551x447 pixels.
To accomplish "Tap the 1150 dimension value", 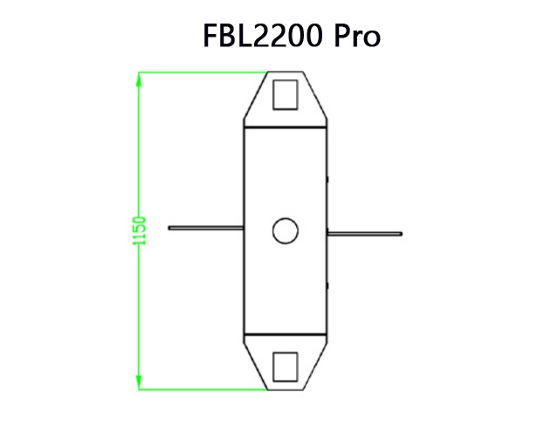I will tap(140, 230).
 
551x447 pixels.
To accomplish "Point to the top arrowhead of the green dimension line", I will tap(138, 79).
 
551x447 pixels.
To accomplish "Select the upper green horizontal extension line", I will tap(201, 72).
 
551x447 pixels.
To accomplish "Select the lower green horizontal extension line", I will tap(201, 389).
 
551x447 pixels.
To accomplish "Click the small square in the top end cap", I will tap(285, 94).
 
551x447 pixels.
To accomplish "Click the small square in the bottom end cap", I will tap(285, 367).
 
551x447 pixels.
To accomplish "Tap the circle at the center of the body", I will tap(285, 230).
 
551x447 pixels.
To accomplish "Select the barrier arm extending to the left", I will tap(206, 229).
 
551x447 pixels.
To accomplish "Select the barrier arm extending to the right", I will tap(364, 233).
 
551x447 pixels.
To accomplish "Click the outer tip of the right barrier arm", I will tap(400, 233).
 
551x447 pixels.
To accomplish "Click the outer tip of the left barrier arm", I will tap(170, 229).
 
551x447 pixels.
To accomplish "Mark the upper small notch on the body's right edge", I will tap(327, 179).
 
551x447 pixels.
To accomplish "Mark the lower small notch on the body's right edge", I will tap(327, 284).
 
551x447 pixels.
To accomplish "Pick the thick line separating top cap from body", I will tap(286, 126).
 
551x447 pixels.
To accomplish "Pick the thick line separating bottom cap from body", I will tap(286, 336).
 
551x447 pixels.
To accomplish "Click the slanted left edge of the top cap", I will tap(254, 100).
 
